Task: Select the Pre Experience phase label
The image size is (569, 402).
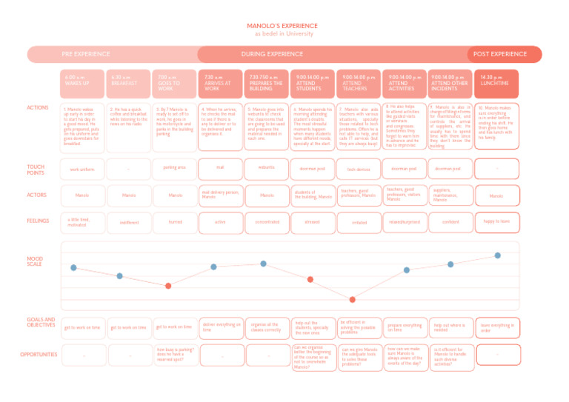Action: [86, 54]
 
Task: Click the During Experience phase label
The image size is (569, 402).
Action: [272, 54]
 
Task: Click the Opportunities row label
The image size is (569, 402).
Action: [39, 354]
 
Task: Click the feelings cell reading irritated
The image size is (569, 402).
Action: [359, 221]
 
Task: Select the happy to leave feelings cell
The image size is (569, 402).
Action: [497, 221]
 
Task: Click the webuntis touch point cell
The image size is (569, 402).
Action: [266, 168]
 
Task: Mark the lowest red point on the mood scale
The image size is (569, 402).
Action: [353, 299]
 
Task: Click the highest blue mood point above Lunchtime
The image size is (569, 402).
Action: [497, 255]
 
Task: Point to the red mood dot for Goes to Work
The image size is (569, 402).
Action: [168, 286]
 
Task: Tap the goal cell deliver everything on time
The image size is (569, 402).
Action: [220, 326]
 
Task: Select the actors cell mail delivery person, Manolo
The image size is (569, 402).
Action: [220, 195]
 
